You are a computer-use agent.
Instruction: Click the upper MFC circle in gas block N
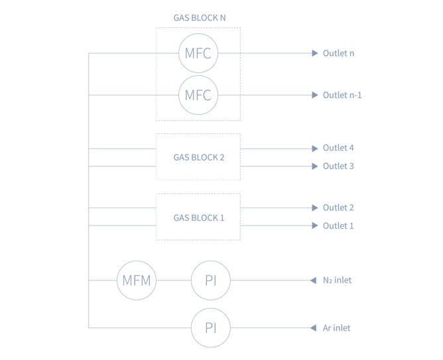(x=198, y=54)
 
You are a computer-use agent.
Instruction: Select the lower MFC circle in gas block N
(x=198, y=95)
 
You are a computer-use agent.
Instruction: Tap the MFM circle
(x=136, y=280)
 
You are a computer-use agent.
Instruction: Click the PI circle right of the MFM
(x=211, y=280)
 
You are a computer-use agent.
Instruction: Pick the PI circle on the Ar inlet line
(x=211, y=328)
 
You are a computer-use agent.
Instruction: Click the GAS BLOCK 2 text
(x=198, y=157)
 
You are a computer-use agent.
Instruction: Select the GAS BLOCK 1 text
(x=198, y=217)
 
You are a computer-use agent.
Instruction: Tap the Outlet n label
(x=338, y=54)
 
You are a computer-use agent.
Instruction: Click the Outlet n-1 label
(x=342, y=95)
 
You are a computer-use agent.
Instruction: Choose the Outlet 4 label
(x=338, y=148)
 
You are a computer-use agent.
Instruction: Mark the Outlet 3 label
(x=338, y=166)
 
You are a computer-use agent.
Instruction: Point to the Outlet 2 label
(x=338, y=208)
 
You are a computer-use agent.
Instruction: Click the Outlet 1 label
(x=338, y=225)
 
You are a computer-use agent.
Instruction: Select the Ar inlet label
(x=336, y=328)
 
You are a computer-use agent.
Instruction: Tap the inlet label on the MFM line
(x=337, y=280)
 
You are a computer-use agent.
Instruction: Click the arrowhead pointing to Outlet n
(x=316, y=54)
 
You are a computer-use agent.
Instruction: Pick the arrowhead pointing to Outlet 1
(x=316, y=225)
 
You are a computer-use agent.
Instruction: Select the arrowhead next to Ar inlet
(x=312, y=328)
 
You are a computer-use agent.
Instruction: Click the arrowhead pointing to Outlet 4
(x=316, y=148)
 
